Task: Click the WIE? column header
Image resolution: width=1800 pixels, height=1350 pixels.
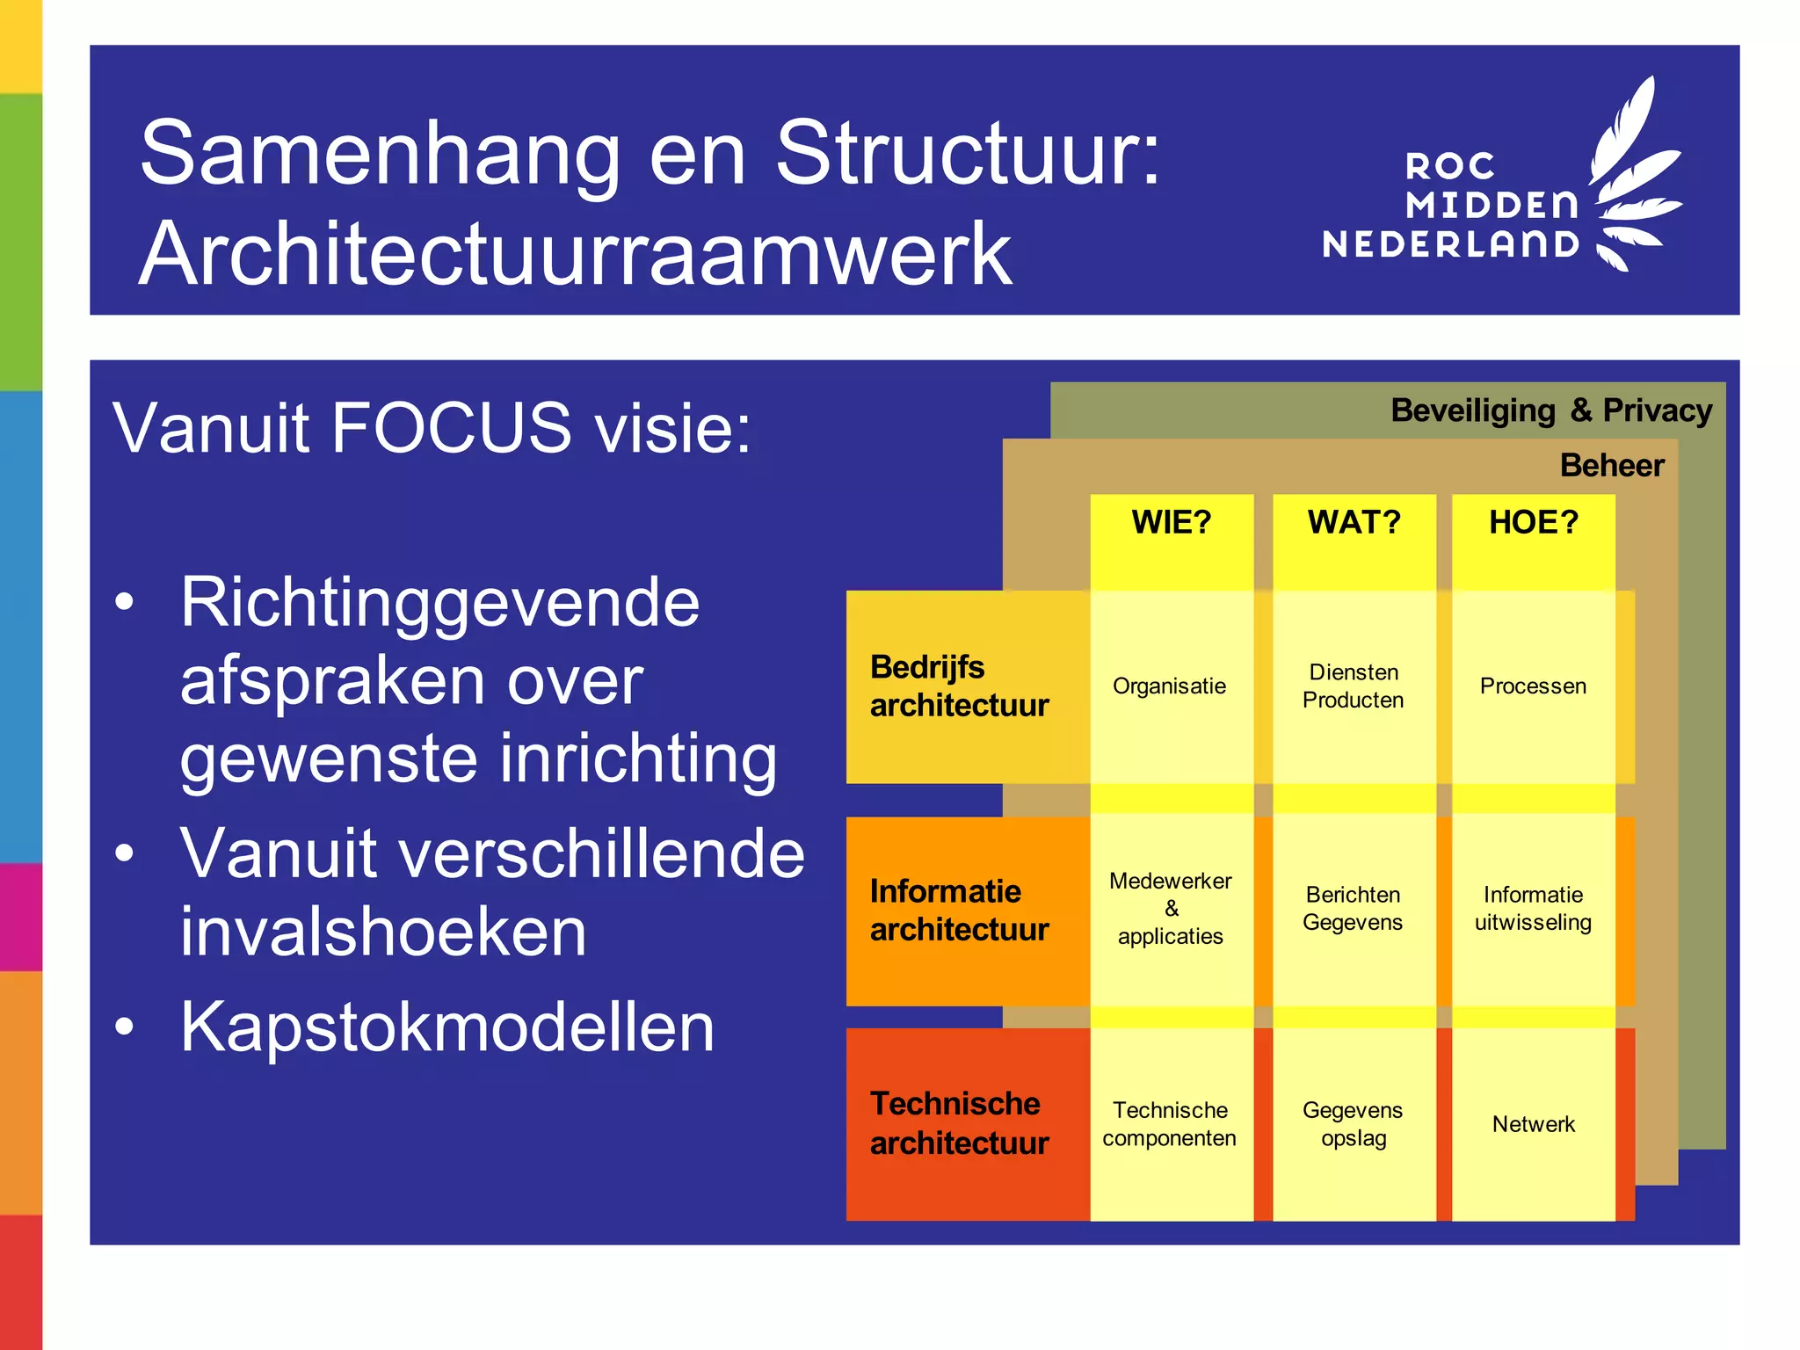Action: point(1171,523)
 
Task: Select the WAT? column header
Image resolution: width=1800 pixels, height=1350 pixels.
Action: point(1354,523)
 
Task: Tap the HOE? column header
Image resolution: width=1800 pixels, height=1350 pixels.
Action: point(1534,523)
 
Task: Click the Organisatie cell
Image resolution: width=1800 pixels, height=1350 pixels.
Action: point(1170,686)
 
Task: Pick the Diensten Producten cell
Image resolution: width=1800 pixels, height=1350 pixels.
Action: point(1354,686)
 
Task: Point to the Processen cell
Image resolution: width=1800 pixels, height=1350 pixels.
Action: point(1534,686)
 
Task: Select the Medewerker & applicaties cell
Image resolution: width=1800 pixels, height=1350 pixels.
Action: point(1171,909)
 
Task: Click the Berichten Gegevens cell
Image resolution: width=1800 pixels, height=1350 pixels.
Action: point(1354,909)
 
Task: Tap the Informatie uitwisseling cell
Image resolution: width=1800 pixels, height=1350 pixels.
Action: point(1534,909)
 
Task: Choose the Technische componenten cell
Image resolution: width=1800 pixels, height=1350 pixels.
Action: point(1170,1124)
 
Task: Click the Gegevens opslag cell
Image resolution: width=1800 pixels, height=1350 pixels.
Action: point(1354,1124)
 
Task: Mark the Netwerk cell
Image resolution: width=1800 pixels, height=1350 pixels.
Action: point(1534,1124)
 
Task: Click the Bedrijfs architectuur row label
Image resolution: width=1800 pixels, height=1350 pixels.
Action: point(959,686)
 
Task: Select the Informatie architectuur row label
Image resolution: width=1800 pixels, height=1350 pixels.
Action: point(959,911)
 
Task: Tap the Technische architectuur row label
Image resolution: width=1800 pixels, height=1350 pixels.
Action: point(959,1123)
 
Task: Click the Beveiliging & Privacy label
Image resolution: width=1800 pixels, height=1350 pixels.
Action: point(1551,410)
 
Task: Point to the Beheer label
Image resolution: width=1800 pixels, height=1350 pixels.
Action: point(1612,465)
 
